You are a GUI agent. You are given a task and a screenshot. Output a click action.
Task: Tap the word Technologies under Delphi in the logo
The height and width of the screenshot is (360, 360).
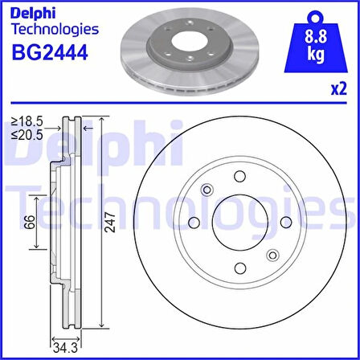[55, 29]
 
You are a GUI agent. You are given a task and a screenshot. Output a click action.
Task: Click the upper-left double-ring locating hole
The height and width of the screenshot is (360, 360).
[207, 190]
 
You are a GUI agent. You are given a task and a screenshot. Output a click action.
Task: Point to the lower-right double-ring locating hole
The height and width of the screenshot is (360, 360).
[272, 256]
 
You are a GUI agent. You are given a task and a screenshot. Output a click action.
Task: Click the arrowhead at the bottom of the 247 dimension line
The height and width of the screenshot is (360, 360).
[101, 327]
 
